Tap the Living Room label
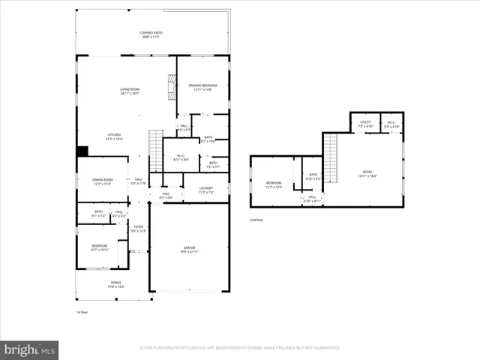click(130, 91)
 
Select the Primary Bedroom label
click(200, 88)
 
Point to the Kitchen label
click(114, 137)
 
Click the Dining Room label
click(103, 181)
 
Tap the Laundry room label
click(205, 190)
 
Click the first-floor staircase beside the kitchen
click(156, 139)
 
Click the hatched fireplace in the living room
click(171, 91)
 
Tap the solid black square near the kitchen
click(82, 151)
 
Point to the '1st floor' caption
click(82, 311)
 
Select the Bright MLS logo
click(29, 349)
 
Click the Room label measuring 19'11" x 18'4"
click(367, 173)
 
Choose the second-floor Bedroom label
click(274, 184)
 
